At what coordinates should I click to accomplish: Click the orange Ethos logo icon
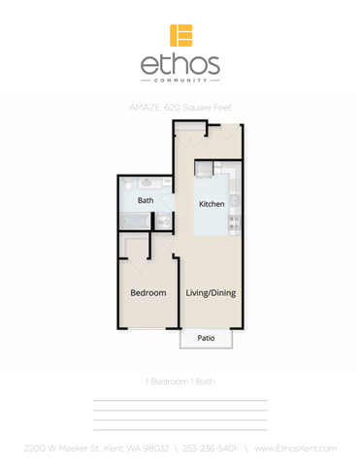180,36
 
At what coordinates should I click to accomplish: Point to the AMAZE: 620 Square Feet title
180,108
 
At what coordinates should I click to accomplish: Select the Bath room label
145,201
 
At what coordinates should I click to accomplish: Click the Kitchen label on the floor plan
212,205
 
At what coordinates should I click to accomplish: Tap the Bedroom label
148,292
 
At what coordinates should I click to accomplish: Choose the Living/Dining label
211,292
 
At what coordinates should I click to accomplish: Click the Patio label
206,339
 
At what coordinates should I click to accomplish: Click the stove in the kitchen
233,225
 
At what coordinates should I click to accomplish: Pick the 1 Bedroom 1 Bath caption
180,382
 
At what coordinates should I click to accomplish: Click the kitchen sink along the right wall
234,200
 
